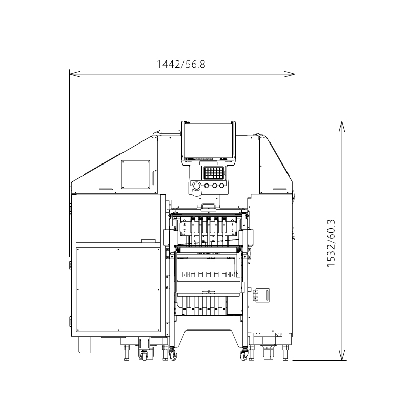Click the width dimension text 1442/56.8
pos(181,65)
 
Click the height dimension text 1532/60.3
pos(331,243)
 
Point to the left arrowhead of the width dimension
pos(75,74)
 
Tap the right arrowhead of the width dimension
pos(290,74)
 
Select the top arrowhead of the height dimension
pos(342,127)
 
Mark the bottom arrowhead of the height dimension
pos(342,355)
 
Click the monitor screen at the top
pos(209,141)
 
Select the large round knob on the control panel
pos(196,186)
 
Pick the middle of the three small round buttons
pos(215,186)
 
